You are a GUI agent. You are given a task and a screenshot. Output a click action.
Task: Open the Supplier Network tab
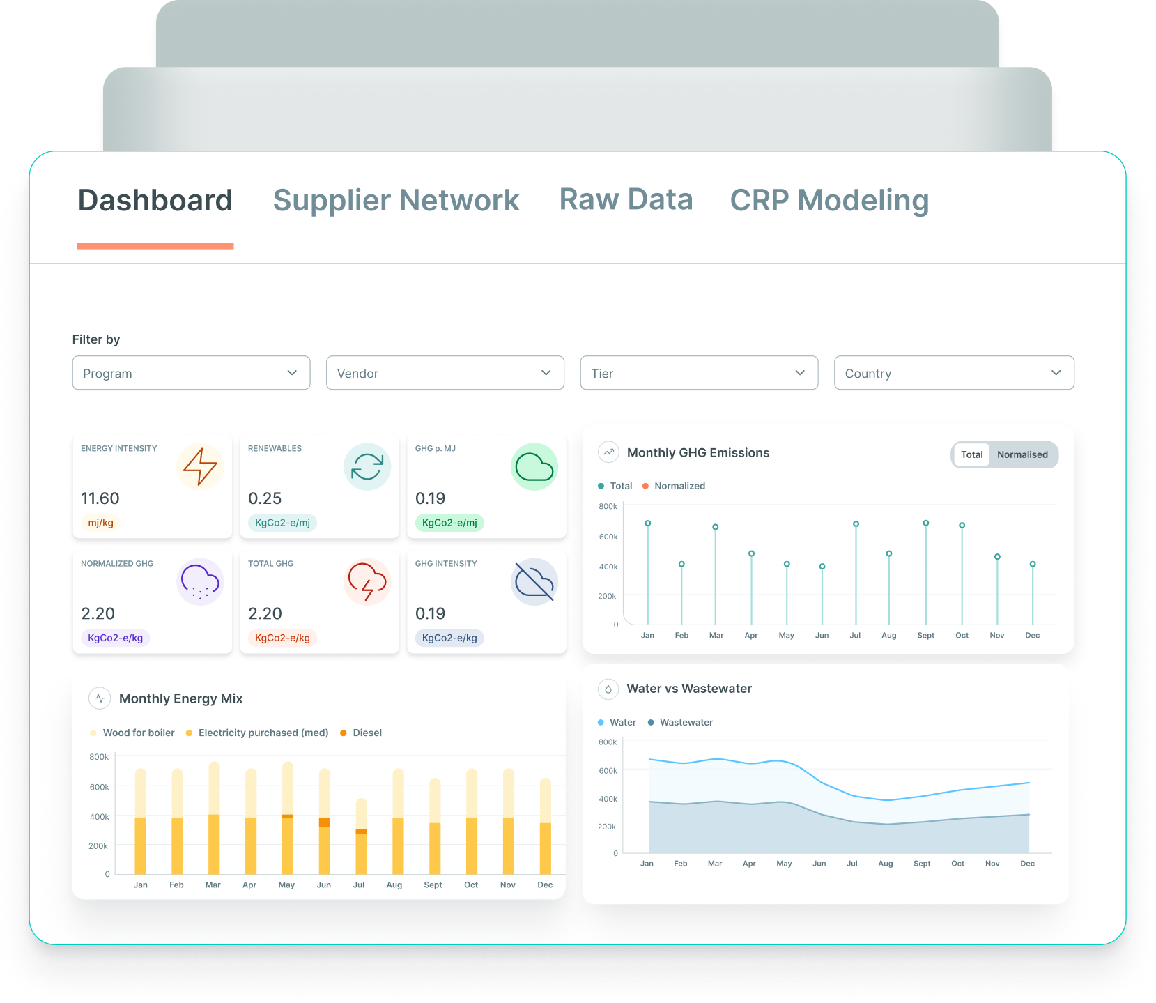396,201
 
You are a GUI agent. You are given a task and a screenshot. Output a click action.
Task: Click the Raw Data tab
626,200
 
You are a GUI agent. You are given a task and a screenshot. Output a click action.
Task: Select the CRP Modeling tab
829,201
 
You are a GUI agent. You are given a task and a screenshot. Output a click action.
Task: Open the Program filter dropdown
191,373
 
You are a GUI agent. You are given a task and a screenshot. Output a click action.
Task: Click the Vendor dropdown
445,373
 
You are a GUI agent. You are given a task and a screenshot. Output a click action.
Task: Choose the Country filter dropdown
953,373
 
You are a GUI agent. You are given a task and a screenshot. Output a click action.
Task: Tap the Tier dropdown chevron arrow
800,373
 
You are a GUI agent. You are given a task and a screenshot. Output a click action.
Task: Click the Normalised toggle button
1022,454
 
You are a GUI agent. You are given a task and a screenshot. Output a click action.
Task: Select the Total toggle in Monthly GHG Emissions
971,454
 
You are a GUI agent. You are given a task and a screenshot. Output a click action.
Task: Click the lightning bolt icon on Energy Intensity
200,466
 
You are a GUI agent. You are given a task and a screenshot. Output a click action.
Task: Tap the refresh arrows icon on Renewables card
367,466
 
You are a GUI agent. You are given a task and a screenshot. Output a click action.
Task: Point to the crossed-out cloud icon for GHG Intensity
534,581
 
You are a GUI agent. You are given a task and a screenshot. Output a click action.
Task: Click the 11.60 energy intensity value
100,498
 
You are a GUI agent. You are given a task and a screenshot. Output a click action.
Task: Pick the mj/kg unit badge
101,523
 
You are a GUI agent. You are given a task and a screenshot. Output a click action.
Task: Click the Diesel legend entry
367,733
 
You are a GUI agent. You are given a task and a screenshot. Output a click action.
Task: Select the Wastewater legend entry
686,722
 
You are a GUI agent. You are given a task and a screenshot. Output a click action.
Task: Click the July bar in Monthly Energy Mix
361,836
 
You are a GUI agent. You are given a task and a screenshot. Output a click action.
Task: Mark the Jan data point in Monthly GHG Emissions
648,523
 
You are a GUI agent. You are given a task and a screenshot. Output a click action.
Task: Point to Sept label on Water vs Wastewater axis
922,864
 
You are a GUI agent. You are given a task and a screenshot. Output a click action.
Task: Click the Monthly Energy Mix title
180,698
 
